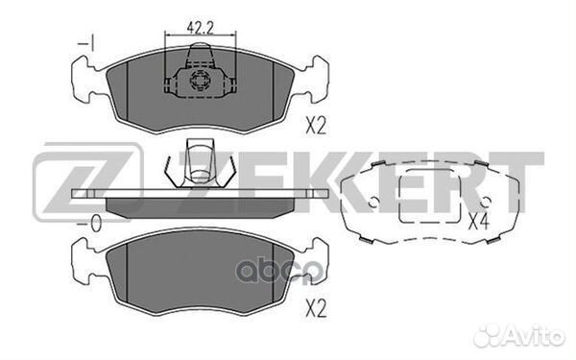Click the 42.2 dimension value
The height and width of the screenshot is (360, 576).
(201, 28)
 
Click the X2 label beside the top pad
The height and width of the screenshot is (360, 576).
(316, 126)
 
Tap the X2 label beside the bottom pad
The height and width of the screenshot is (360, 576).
(316, 310)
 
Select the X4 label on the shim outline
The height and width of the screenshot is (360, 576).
(478, 222)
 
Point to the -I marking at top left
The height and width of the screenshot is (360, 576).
(86, 43)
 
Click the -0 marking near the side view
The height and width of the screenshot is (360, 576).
(89, 224)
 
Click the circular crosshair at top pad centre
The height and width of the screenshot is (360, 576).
(199, 81)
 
